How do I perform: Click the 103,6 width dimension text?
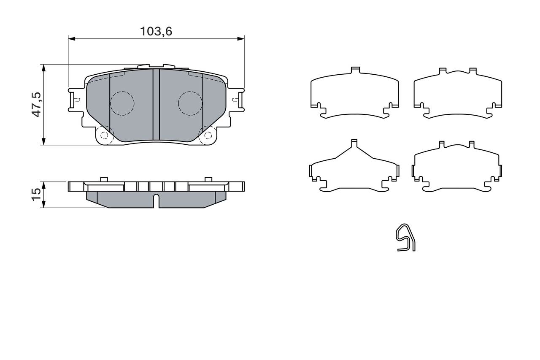[156, 31]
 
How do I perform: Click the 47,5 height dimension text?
[37, 104]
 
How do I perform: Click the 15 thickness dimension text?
[37, 194]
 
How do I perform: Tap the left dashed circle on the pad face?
[122, 103]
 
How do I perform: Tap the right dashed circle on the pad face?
[190, 103]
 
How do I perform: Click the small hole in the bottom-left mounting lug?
[104, 135]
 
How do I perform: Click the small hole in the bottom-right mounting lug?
[208, 135]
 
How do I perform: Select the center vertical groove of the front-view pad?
[156, 105]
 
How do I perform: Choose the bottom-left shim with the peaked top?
[354, 169]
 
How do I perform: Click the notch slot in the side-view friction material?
[156, 200]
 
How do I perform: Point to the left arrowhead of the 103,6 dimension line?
[70, 39]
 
